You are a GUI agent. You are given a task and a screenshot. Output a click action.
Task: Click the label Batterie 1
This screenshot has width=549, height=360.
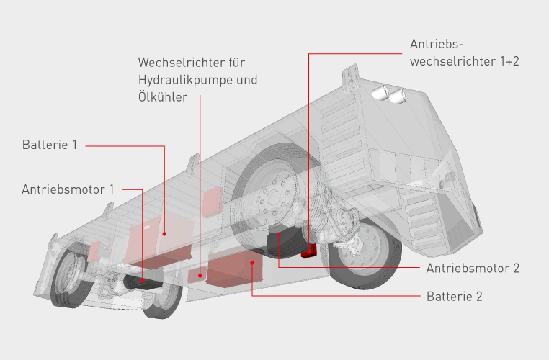click(x=49, y=145)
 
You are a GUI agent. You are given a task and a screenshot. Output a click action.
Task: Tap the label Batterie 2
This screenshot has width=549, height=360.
click(x=453, y=295)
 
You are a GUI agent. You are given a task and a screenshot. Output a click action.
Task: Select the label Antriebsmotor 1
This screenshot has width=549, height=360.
click(x=68, y=189)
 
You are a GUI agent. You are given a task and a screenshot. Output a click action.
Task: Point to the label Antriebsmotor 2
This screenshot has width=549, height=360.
click(x=473, y=269)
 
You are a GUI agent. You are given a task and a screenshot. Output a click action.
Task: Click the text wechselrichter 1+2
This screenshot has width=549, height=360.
click(x=464, y=61)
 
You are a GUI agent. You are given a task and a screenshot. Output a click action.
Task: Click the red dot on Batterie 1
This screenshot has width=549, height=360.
click(x=165, y=233)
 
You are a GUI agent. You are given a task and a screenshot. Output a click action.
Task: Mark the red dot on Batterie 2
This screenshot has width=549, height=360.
click(x=251, y=264)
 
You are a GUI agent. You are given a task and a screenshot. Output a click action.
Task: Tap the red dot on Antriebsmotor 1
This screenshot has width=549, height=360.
click(x=142, y=281)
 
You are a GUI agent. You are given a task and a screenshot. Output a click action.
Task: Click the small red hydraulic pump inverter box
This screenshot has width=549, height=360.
click(x=200, y=274)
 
